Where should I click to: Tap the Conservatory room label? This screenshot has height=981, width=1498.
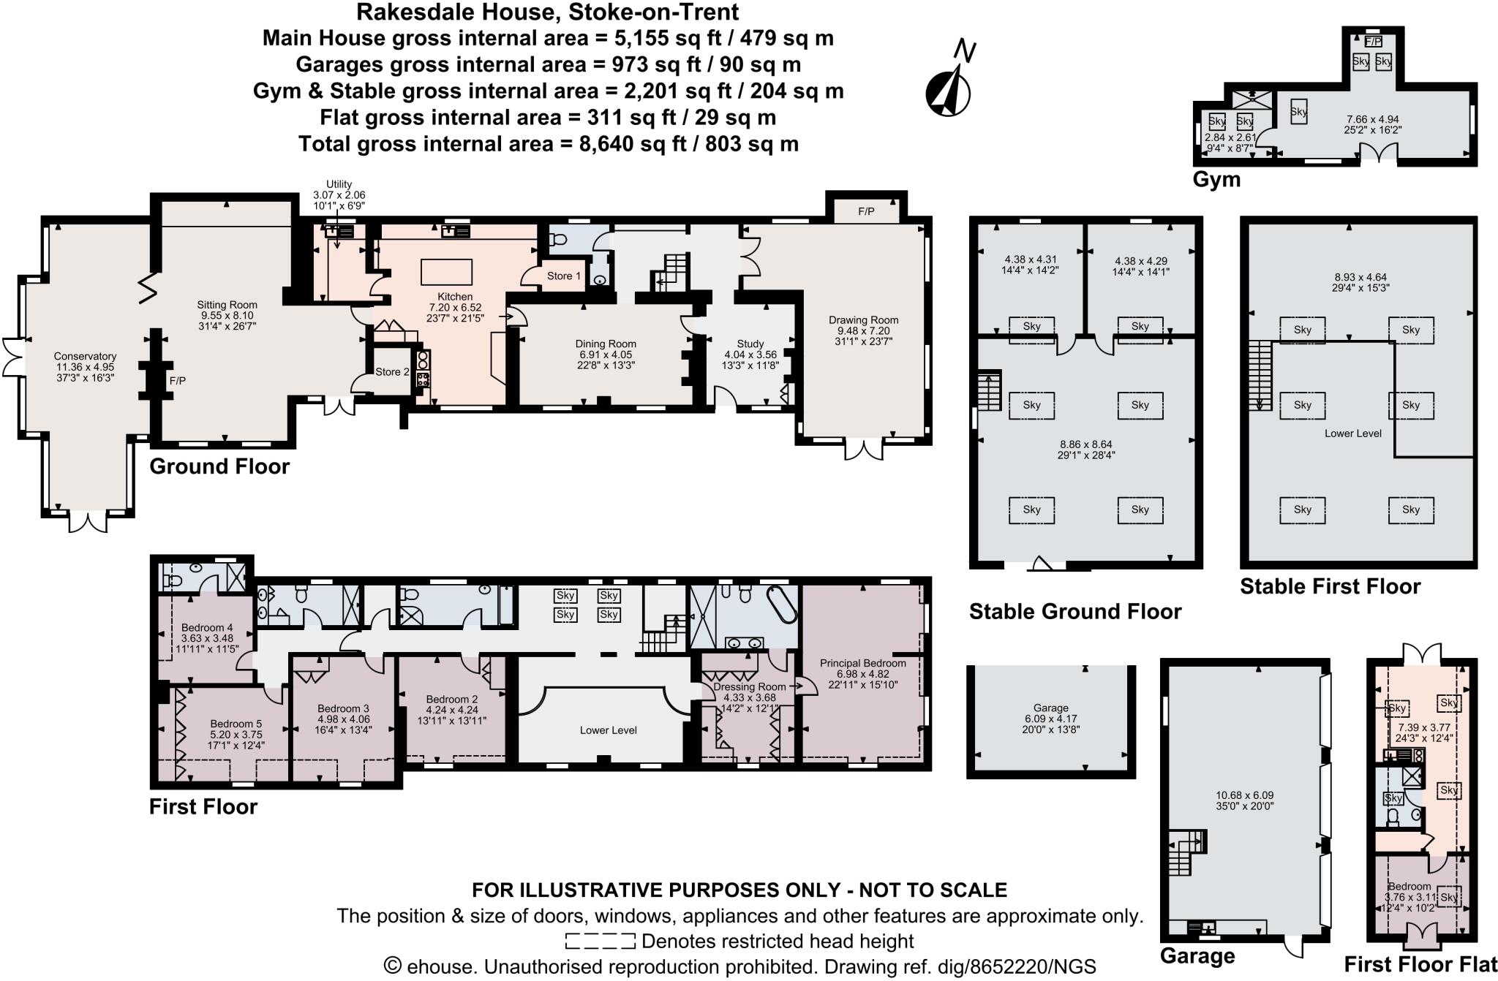click(85, 357)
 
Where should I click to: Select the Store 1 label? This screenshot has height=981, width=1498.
click(563, 276)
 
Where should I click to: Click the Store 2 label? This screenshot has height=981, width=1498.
click(392, 372)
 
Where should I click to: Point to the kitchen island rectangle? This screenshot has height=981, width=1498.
click(446, 272)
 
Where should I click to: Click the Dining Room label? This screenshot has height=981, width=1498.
click(606, 344)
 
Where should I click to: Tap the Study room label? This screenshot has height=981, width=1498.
click(750, 344)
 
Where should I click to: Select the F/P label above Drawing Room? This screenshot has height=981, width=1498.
click(866, 212)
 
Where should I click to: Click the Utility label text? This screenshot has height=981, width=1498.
click(339, 184)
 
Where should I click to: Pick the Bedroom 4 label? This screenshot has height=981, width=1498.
click(207, 627)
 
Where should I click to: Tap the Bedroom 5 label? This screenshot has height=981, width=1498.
click(236, 724)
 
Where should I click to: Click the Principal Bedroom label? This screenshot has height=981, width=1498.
click(862, 663)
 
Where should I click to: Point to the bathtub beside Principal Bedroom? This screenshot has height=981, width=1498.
click(780, 604)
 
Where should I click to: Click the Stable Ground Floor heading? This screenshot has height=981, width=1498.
click(1074, 611)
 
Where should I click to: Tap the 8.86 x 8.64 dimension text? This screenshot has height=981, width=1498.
click(1085, 444)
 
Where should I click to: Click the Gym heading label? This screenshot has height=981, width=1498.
click(1216, 179)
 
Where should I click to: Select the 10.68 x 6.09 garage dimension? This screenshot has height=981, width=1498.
click(1245, 795)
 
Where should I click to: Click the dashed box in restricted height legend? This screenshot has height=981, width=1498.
click(600, 941)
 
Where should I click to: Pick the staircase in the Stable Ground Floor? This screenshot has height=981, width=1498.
click(988, 392)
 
